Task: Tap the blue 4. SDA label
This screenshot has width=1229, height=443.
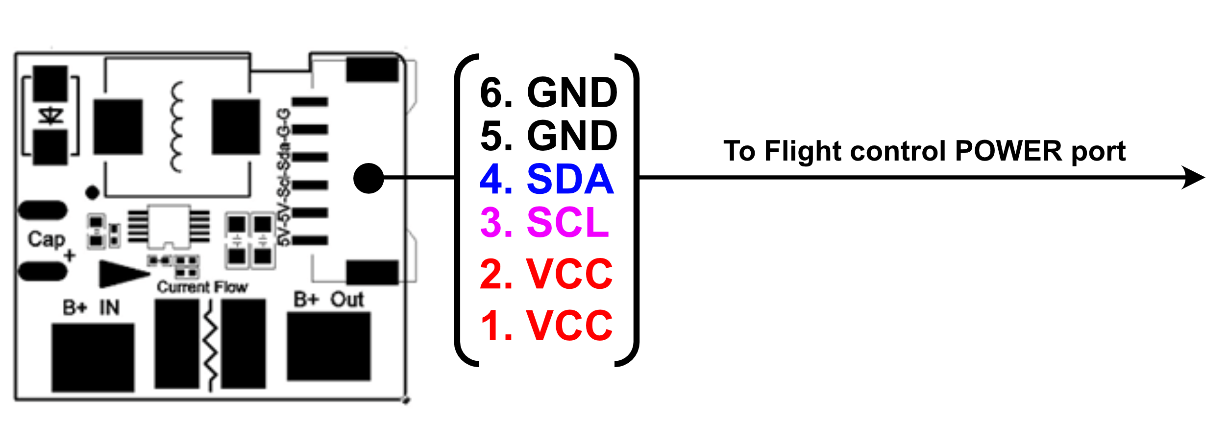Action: click(x=546, y=179)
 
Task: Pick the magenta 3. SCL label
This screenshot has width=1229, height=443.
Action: click(x=544, y=223)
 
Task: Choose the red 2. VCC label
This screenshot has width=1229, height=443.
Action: click(x=546, y=274)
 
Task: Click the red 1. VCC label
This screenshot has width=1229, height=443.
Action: click(x=546, y=326)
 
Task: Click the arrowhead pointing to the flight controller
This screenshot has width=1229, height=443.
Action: click(x=1194, y=177)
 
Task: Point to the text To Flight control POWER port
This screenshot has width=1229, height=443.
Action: click(x=924, y=151)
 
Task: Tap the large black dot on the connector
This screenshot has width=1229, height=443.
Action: click(x=368, y=178)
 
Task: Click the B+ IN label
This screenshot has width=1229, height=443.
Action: click(x=91, y=307)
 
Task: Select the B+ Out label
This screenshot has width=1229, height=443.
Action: click(x=328, y=300)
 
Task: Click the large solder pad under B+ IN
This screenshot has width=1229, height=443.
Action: click(x=93, y=357)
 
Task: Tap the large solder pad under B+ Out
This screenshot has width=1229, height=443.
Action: click(x=328, y=346)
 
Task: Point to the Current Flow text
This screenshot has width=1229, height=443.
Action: click(x=202, y=287)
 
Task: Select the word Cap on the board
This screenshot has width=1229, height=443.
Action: click(x=46, y=239)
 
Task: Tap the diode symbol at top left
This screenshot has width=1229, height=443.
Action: click(x=51, y=117)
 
